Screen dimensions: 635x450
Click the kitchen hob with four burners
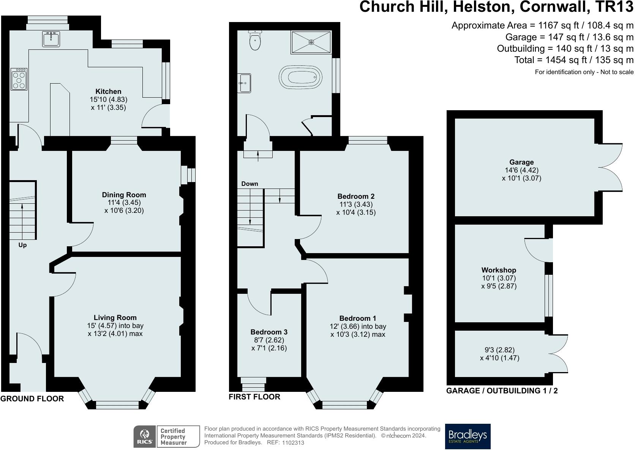click(19, 79)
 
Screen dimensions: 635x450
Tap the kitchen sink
click(51, 39)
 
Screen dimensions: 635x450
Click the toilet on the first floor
click(255, 40)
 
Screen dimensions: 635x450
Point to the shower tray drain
click(311, 42)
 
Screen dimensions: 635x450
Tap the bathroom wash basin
click(244, 83)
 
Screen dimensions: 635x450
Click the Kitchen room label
click(108, 91)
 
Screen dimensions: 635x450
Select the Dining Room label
click(124, 195)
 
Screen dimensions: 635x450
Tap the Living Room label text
click(115, 317)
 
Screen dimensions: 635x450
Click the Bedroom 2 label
click(356, 196)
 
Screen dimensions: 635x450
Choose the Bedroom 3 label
click(269, 332)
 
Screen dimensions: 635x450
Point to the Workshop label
click(499, 270)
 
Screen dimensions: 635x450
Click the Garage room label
click(521, 162)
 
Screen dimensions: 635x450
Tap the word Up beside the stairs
click(22, 245)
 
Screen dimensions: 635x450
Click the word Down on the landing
click(250, 184)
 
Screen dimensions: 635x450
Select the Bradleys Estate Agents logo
click(468, 436)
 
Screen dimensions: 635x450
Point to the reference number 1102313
click(293, 442)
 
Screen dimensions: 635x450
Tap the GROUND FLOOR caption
click(32, 399)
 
